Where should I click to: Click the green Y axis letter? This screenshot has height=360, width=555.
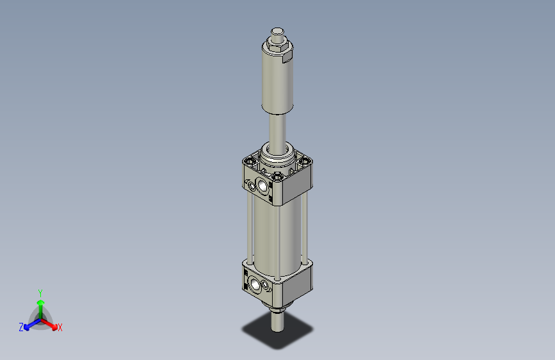tap(40, 291)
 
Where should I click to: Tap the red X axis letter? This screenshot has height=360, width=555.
tap(60, 328)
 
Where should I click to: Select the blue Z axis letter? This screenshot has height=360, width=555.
tap(21, 327)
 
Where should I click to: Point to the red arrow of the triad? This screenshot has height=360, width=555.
tap(51, 323)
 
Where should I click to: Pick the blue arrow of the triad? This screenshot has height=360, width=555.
tap(29, 323)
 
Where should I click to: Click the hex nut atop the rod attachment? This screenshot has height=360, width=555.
tap(277, 43)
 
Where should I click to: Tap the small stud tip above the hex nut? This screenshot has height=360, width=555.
tap(277, 31)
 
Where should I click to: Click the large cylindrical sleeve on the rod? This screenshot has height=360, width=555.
tap(277, 83)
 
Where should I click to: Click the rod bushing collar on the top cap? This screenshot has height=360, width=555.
tap(277, 154)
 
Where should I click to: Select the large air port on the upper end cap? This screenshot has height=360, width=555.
tap(262, 186)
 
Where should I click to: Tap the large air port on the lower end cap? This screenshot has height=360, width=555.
tap(256, 284)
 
